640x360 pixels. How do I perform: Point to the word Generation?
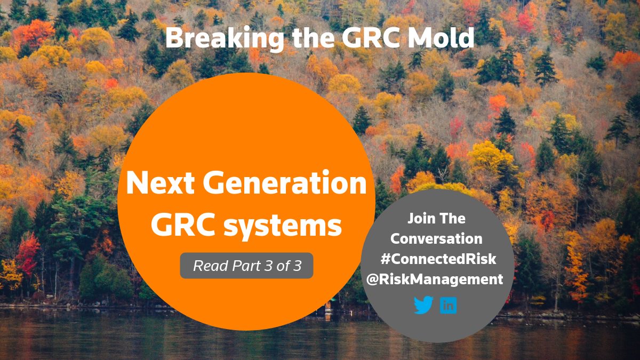(x=283, y=185)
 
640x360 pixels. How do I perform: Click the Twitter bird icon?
(x=423, y=306)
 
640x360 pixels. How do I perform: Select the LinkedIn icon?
(x=449, y=306)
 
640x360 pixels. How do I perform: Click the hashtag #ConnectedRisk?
(x=438, y=259)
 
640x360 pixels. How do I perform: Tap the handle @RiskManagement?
(x=435, y=279)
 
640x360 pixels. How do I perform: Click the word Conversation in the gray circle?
(x=436, y=238)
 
